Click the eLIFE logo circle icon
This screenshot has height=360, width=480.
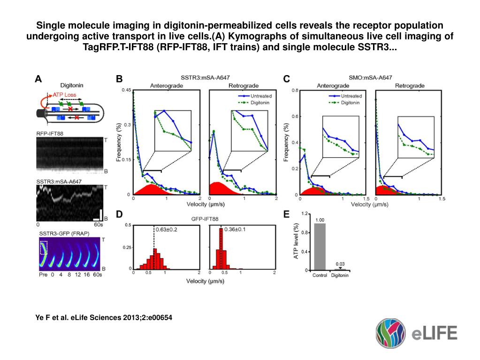click(390, 333)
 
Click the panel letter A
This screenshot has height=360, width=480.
click(40, 79)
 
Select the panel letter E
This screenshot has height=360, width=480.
click(287, 214)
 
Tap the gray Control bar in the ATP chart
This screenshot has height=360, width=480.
click(320, 247)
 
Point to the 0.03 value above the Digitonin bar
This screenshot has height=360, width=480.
click(340, 264)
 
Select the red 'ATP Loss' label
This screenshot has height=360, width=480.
click(64, 94)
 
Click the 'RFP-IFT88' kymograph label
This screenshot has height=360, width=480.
click(50, 134)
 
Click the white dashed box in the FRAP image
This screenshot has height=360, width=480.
click(44, 247)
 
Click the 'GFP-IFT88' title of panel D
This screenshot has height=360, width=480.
click(204, 219)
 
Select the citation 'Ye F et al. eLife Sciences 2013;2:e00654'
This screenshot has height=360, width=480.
click(104, 318)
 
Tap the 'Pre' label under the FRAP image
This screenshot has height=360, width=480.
click(43, 275)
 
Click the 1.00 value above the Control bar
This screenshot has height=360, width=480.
click(320, 220)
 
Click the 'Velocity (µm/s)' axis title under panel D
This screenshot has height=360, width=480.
click(205, 281)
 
